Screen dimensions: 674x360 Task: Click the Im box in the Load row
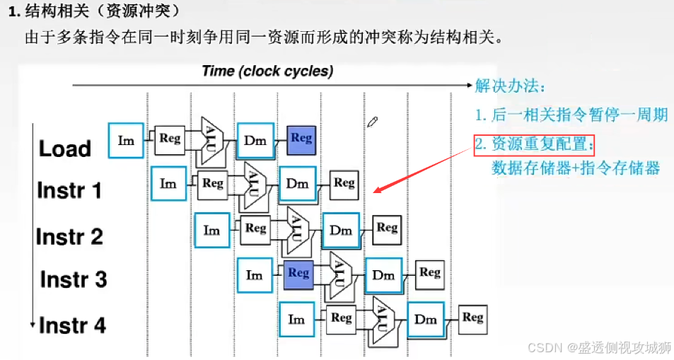(x=126, y=140)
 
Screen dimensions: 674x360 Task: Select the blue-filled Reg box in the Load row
(x=301, y=139)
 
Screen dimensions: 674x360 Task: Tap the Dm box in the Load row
(x=255, y=140)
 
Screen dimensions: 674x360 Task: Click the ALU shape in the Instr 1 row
(x=252, y=183)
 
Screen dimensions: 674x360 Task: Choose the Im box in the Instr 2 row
(x=211, y=230)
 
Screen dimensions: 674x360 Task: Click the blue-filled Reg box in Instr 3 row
(x=298, y=274)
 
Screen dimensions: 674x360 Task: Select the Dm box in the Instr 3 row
(x=383, y=275)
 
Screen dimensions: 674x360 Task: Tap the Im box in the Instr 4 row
(x=297, y=319)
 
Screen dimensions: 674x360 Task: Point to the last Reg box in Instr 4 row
(x=472, y=318)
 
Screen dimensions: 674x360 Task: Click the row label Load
(x=65, y=149)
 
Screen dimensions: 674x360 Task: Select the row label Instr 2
(x=70, y=236)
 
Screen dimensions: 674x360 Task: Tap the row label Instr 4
(x=72, y=325)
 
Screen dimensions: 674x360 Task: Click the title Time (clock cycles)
(x=267, y=71)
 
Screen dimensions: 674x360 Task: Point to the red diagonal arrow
(x=424, y=170)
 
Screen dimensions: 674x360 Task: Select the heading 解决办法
(x=510, y=86)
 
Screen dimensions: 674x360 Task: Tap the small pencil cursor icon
(x=373, y=122)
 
